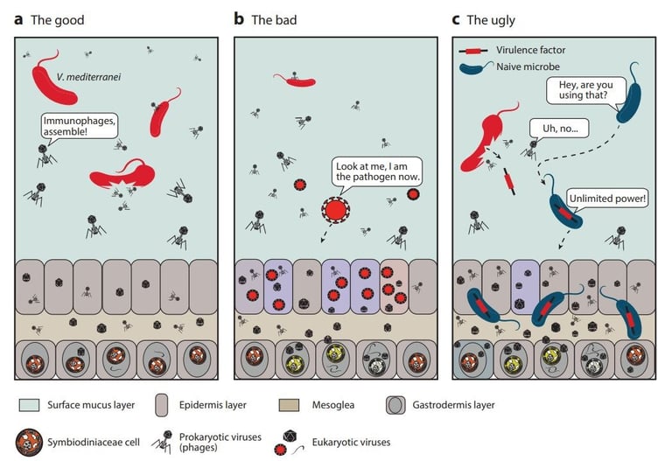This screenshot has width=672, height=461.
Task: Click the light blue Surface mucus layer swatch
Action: (27, 404)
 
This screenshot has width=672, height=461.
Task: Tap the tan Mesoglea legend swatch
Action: (296, 404)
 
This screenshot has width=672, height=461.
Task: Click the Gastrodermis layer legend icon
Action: (396, 404)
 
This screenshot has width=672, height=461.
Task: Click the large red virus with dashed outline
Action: (334, 210)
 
